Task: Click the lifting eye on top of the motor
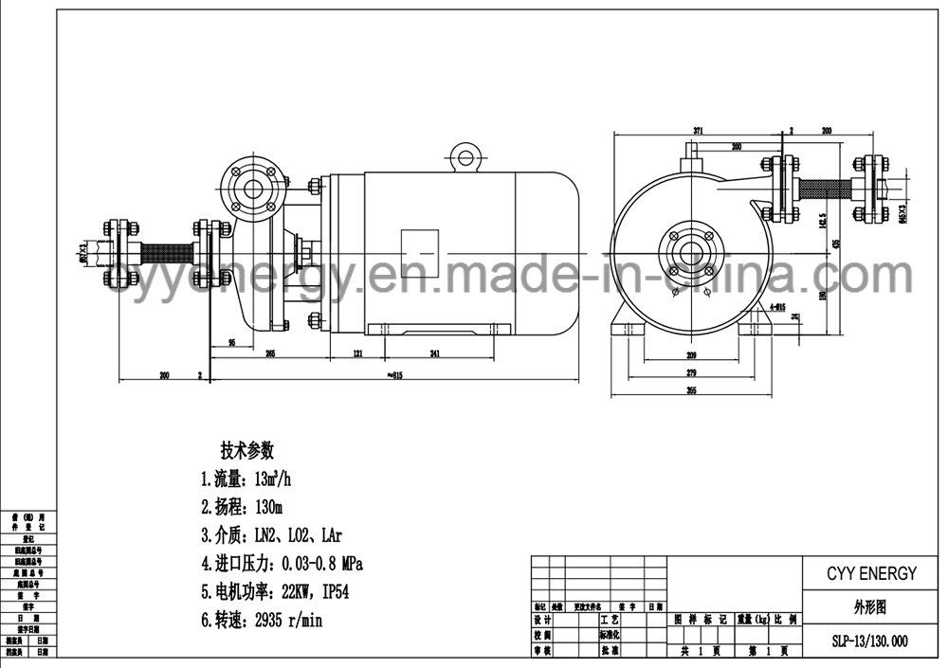463,155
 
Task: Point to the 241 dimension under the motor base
435,354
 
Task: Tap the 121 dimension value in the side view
359,354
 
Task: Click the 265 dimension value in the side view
270,354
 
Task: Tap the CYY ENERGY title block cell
860,573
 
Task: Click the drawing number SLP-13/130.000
860,641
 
